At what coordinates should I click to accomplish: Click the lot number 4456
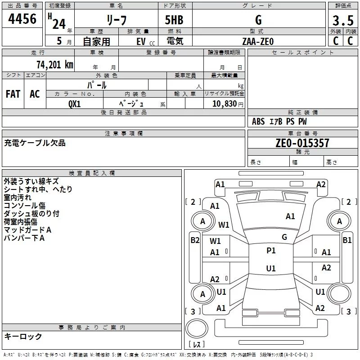coord(22,18)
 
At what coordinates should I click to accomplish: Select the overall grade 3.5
coord(343,20)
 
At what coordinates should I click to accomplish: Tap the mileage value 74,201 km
coord(55,64)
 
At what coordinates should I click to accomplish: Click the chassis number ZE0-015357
coord(302,143)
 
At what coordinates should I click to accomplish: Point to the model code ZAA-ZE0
coord(258,41)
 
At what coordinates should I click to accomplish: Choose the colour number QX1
coord(75,104)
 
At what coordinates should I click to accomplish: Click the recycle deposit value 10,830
coord(225,103)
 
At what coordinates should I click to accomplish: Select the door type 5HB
coord(174,20)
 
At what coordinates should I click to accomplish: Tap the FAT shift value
coord(13,94)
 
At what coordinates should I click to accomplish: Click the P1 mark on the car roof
coord(271,250)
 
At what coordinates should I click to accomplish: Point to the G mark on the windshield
coord(284,237)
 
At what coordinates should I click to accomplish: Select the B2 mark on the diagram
coord(195,240)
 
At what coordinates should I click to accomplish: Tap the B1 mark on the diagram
coord(347,240)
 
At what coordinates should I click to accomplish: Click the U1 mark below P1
coord(271,268)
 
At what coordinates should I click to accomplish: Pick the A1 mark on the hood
coord(290,216)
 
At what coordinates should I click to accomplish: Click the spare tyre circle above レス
coord(197,328)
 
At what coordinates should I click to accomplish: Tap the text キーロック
coord(23,336)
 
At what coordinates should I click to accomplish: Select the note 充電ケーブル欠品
coord(35,143)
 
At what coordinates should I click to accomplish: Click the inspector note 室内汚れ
coord(18,198)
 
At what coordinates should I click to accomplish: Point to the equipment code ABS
coord(258,121)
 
